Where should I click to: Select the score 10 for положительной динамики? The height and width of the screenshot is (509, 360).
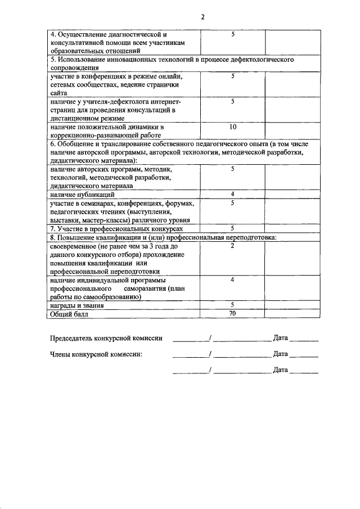click(233, 127)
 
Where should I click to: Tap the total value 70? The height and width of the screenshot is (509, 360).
click(233, 314)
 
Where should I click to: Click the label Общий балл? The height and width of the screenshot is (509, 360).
click(69, 314)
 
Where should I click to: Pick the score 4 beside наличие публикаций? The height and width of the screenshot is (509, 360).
click(233, 194)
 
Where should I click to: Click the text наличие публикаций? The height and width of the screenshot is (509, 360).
click(82, 194)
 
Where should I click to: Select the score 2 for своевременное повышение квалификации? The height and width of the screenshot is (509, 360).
click(233, 246)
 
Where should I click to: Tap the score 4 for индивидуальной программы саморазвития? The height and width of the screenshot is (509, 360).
click(233, 280)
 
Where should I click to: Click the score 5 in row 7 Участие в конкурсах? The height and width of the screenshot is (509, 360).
click(233, 229)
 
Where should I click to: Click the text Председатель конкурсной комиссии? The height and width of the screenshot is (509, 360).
click(106, 338)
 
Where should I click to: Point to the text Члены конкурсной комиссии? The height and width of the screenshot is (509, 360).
click(96, 354)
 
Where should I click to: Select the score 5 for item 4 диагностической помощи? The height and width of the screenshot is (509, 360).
click(233, 35)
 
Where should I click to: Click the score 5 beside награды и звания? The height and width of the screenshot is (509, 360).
click(233, 305)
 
